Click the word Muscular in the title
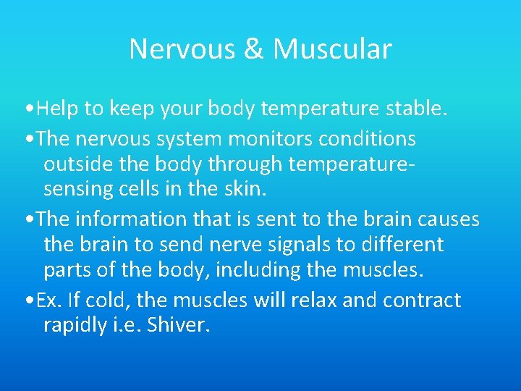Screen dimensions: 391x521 pos(333,49)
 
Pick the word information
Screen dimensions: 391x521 pos(140,218)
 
